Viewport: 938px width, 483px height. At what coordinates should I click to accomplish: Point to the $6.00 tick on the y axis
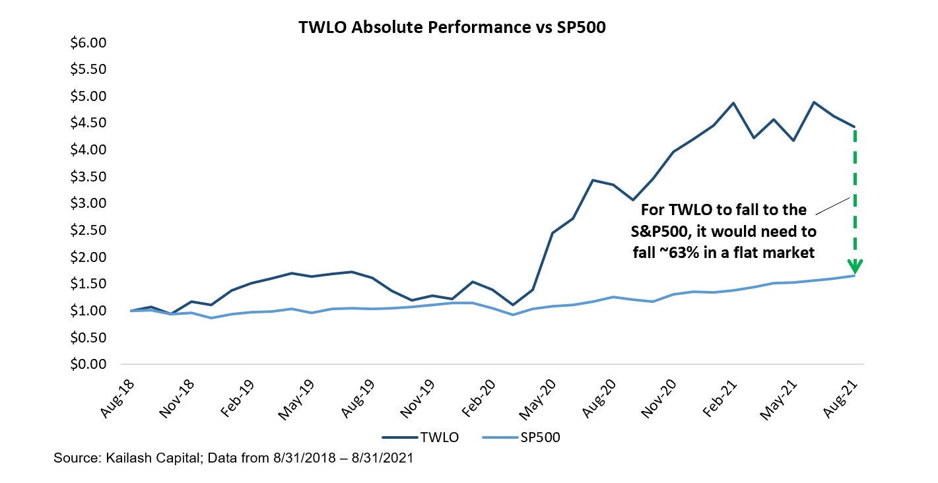[x=88, y=43]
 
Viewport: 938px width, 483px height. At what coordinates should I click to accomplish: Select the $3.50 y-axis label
[x=88, y=177]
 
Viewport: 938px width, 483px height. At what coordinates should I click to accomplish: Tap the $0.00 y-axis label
[x=88, y=364]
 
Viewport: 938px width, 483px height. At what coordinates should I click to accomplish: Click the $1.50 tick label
[x=88, y=284]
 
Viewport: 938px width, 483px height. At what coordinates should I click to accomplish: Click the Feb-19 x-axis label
[x=236, y=399]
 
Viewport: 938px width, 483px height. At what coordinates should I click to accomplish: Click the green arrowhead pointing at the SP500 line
[x=855, y=267]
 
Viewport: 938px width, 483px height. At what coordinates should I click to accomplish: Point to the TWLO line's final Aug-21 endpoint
[x=855, y=127]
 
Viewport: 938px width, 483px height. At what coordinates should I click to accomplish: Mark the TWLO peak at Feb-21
[x=733, y=103]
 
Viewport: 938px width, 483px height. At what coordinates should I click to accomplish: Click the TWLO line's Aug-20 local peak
[x=593, y=180]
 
